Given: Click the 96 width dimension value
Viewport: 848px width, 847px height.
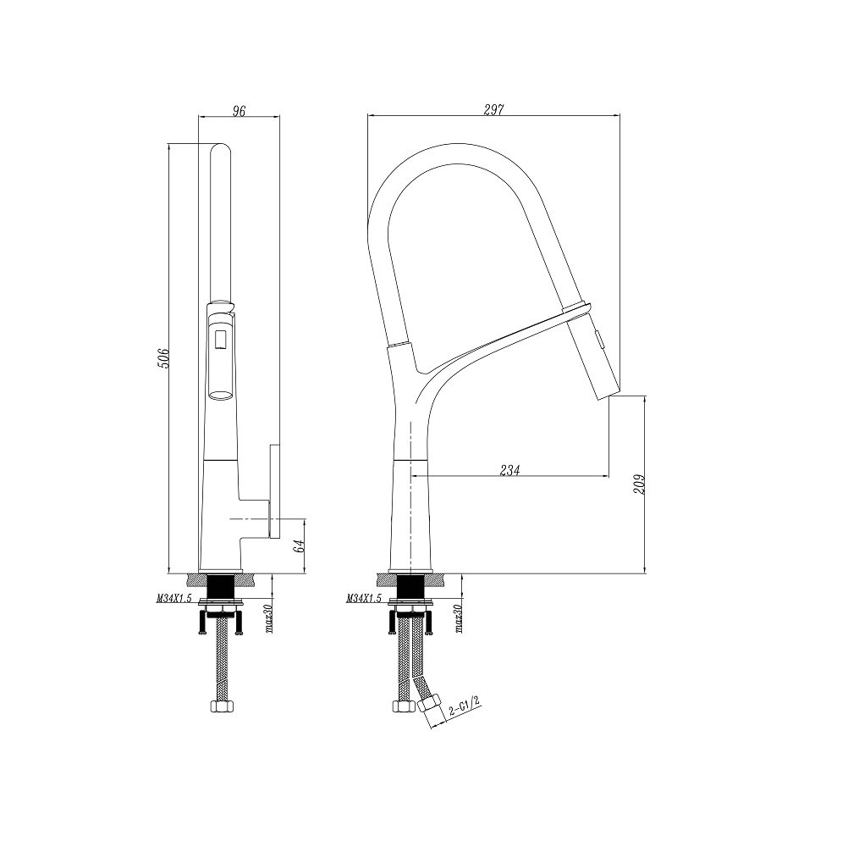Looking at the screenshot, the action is [x=239, y=111].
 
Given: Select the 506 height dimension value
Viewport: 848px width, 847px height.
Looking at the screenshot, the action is [x=163, y=358].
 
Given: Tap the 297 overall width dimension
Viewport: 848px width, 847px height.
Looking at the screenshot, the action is [x=493, y=110].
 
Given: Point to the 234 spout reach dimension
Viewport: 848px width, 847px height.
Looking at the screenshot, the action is [x=509, y=470].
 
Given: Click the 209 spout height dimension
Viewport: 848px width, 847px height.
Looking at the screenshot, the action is [x=640, y=485].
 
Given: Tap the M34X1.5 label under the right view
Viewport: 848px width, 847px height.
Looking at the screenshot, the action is [x=364, y=598].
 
